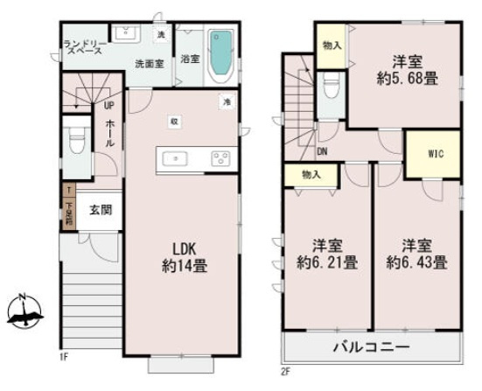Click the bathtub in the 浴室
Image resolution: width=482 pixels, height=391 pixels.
(221, 53)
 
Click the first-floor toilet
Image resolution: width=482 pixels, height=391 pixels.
(76, 141)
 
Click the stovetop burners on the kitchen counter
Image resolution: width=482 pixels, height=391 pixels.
(220, 158)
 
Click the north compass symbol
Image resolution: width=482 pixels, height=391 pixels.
(25, 309)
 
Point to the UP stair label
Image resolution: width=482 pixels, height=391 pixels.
(108, 106)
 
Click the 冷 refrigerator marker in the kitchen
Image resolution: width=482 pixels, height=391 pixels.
(226, 102)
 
